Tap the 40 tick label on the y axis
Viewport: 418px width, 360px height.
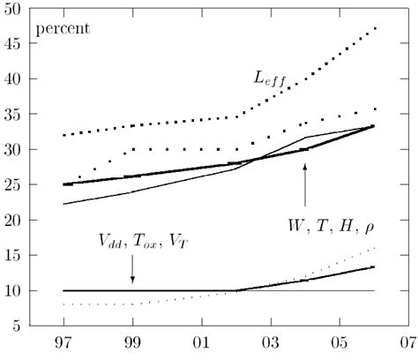[x=13, y=79]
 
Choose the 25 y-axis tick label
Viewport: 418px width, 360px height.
[x=13, y=185]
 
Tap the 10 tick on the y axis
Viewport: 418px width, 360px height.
[x=13, y=291]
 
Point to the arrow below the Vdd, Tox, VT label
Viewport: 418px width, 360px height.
[x=132, y=271]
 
